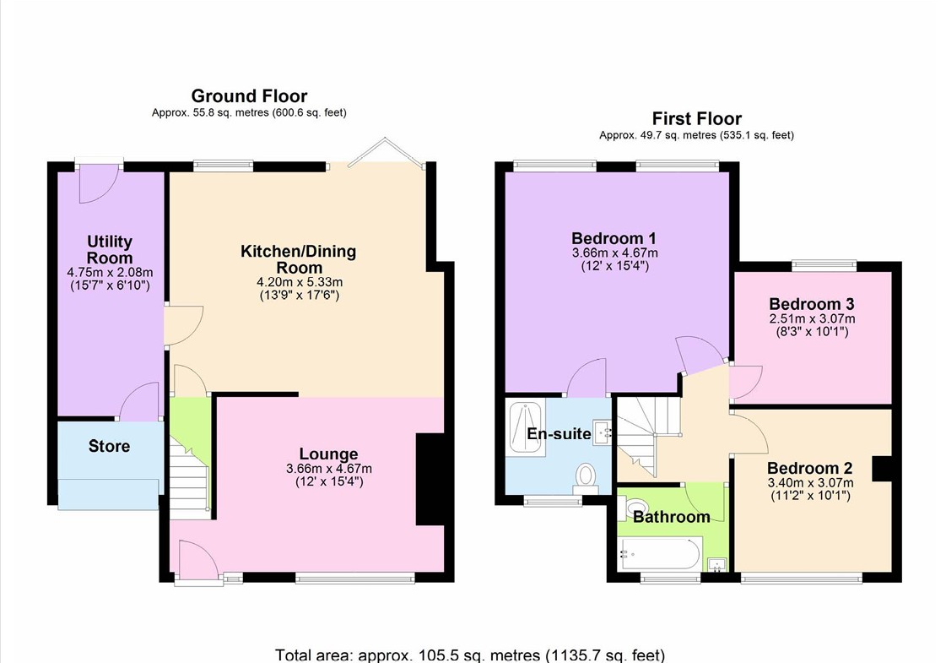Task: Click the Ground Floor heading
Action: click(x=249, y=96)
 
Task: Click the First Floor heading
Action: click(x=697, y=118)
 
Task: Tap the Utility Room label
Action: click(x=110, y=249)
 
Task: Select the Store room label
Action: click(x=109, y=446)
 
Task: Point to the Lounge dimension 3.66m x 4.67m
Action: click(x=329, y=469)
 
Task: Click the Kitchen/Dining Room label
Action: click(x=299, y=259)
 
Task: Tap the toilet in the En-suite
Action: click(x=585, y=475)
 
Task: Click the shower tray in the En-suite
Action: click(x=527, y=427)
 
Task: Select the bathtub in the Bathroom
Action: click(x=660, y=553)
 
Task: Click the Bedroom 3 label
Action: click(x=812, y=304)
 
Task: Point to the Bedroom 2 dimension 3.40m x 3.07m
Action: click(x=810, y=482)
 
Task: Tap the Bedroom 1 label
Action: click(x=614, y=238)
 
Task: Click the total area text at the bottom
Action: click(x=470, y=655)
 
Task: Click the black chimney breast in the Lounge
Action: click(x=430, y=479)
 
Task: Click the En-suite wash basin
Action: click(x=602, y=432)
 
